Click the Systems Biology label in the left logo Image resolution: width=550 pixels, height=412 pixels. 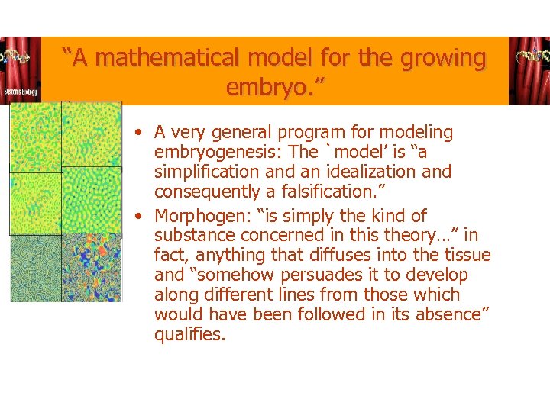[x=20, y=92]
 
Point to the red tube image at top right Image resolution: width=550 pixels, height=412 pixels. [x=529, y=70]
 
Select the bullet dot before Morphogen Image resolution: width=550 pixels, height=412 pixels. [x=134, y=217]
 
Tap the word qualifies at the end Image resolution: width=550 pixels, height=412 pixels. [x=189, y=334]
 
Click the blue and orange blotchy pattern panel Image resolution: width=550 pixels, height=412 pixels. [x=92, y=268]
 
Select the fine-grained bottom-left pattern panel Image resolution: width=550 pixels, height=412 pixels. [x=35, y=268]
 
